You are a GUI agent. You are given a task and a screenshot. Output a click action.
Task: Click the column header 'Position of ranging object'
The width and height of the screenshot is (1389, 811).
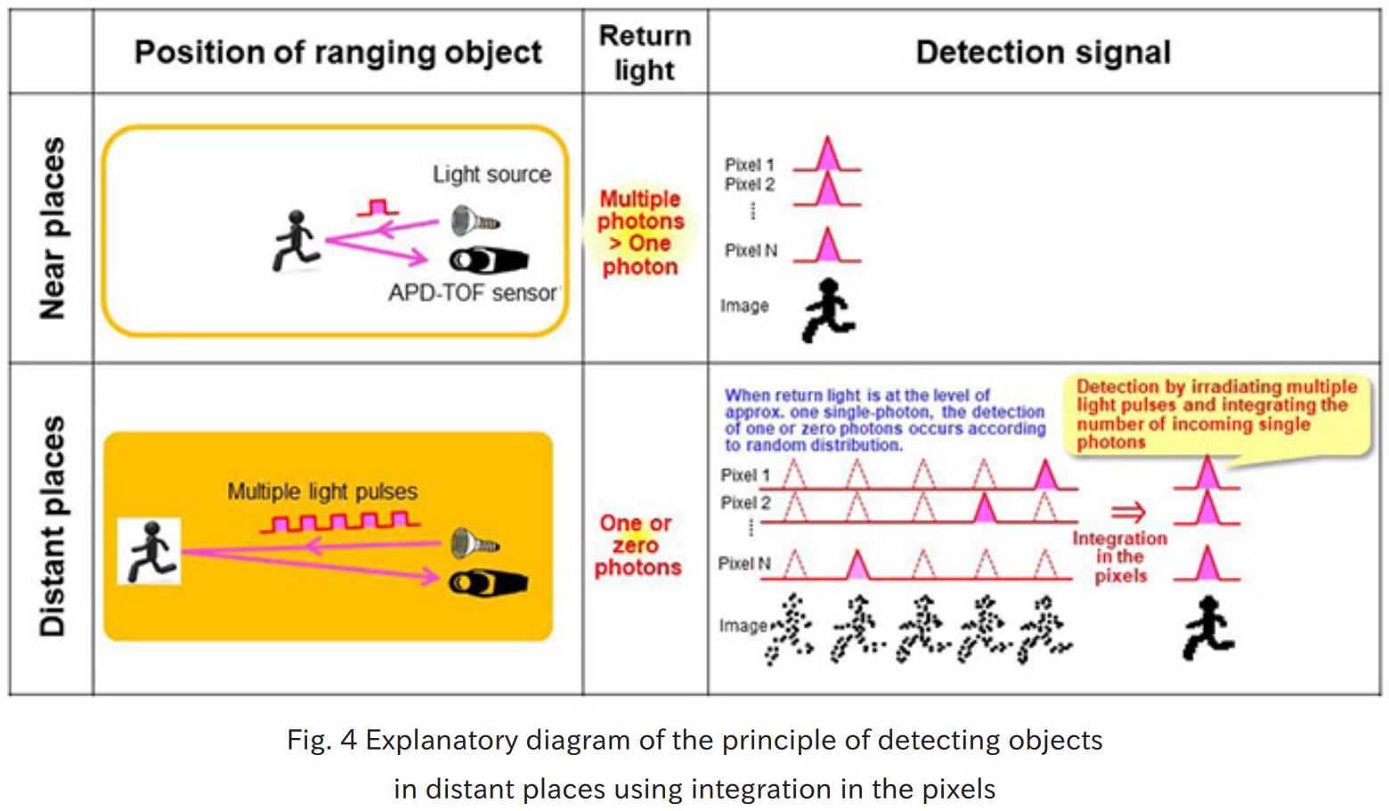click(x=337, y=53)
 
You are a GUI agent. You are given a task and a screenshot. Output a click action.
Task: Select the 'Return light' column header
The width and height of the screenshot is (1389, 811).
click(x=645, y=53)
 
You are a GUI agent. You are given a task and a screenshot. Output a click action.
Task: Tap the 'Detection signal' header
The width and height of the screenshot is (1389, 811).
click(x=1043, y=53)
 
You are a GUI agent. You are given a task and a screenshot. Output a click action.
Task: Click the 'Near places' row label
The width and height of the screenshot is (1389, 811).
click(x=53, y=228)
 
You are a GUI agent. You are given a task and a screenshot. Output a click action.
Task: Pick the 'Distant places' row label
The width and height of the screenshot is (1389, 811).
click(x=53, y=526)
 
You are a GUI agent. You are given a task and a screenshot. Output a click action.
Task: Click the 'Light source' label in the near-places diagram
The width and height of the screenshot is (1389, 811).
click(x=491, y=174)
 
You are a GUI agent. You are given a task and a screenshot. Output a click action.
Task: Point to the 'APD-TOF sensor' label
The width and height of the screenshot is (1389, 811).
click(x=472, y=293)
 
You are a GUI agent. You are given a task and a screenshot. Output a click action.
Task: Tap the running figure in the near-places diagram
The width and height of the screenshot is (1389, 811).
click(x=295, y=241)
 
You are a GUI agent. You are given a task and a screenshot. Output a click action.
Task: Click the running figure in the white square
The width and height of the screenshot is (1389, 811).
click(x=150, y=552)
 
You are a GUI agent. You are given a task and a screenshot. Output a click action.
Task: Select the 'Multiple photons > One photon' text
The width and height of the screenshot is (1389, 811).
click(x=640, y=232)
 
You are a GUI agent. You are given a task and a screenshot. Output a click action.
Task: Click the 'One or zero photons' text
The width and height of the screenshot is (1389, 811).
click(x=638, y=545)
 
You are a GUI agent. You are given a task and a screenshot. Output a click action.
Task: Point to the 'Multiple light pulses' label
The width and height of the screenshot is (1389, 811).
click(x=322, y=491)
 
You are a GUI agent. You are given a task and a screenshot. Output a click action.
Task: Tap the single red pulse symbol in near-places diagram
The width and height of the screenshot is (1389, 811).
click(x=378, y=208)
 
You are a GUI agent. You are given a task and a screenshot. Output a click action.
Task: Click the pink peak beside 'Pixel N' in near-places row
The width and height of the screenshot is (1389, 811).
click(x=827, y=246)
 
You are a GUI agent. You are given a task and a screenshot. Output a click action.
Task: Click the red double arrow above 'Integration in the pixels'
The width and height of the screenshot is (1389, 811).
click(x=1128, y=512)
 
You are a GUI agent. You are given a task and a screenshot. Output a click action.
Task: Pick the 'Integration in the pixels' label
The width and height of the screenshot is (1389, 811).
click(x=1120, y=557)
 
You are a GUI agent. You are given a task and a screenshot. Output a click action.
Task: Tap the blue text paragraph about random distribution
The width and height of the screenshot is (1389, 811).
click(x=884, y=419)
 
